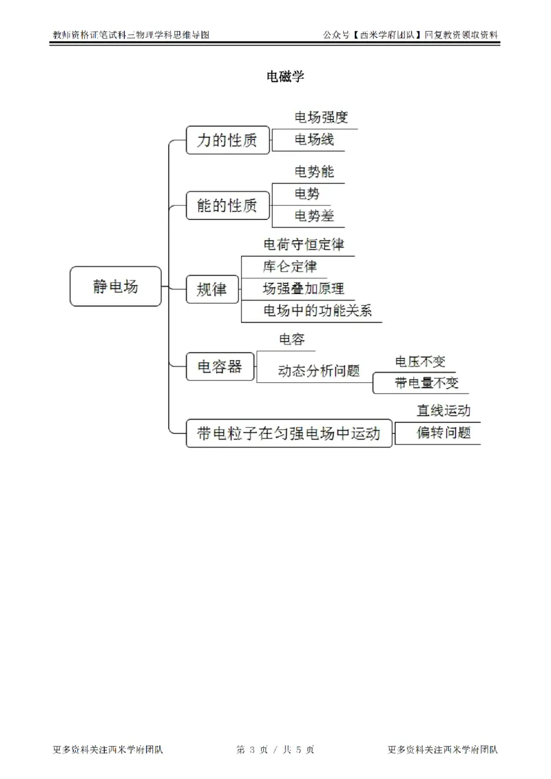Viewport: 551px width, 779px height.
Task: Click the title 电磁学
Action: (285, 76)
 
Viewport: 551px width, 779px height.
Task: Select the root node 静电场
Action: (116, 287)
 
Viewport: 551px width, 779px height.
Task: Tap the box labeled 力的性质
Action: (227, 141)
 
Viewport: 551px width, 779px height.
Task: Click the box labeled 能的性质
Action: (227, 205)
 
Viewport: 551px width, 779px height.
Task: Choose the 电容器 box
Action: (220, 366)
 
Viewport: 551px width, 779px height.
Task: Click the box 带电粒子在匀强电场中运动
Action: (289, 433)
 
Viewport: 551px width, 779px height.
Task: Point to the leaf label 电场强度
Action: (321, 118)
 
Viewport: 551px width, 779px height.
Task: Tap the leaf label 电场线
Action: (314, 139)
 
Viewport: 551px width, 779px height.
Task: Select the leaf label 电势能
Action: (314, 172)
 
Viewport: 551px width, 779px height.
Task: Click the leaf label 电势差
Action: (314, 216)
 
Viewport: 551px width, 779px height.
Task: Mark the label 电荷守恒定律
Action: (304, 245)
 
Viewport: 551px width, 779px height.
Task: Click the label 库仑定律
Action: (290, 266)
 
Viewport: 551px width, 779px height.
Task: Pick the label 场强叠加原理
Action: (303, 288)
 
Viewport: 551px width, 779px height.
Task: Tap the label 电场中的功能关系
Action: (318, 311)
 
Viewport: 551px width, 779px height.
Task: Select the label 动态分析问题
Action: (319, 371)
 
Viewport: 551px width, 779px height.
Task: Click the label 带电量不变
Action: (426, 383)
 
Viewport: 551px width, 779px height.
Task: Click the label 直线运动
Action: (444, 411)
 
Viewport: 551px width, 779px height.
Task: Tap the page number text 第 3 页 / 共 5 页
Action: (275, 749)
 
